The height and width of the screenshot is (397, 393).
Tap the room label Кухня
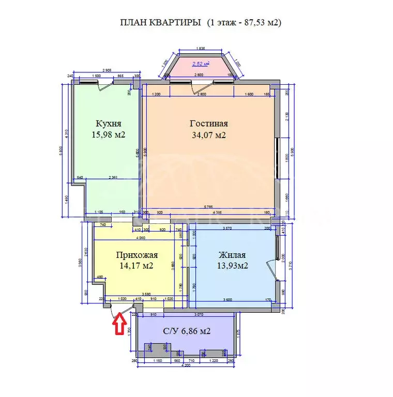pyautogui.click(x=109, y=124)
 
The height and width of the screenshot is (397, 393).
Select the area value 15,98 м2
pyautogui.click(x=109, y=135)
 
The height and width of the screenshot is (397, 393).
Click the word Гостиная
pyautogui.click(x=208, y=124)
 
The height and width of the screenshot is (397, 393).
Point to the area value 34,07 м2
pyautogui.click(x=208, y=135)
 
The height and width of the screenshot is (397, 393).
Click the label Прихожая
pyautogui.click(x=137, y=255)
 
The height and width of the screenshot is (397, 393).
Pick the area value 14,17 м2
pyautogui.click(x=137, y=266)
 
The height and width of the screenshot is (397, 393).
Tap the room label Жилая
pyautogui.click(x=232, y=255)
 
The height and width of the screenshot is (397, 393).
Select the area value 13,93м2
pyautogui.click(x=232, y=266)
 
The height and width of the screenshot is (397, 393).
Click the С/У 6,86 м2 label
pyautogui.click(x=186, y=331)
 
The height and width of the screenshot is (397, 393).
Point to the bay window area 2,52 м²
pyautogui.click(x=200, y=64)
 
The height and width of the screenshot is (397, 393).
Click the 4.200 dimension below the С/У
pyautogui.click(x=187, y=365)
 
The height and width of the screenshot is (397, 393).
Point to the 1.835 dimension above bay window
pyautogui.click(x=200, y=49)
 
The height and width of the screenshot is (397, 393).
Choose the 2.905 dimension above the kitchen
pyautogui.click(x=107, y=70)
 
